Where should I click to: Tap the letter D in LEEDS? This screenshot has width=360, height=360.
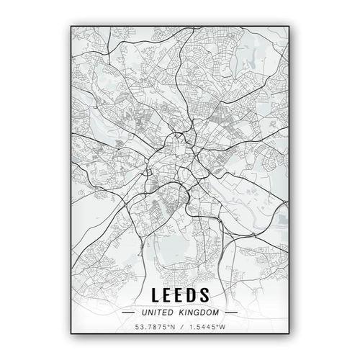(x=192, y=294)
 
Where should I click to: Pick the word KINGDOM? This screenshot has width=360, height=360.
(x=198, y=313)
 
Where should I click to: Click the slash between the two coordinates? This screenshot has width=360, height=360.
(x=180, y=328)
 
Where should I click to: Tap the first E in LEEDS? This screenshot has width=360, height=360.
(x=168, y=294)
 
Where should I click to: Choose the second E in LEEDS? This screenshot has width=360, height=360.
(x=180, y=294)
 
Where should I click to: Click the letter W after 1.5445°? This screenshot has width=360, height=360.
(x=222, y=328)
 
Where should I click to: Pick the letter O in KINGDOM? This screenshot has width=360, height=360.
(x=210, y=313)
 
